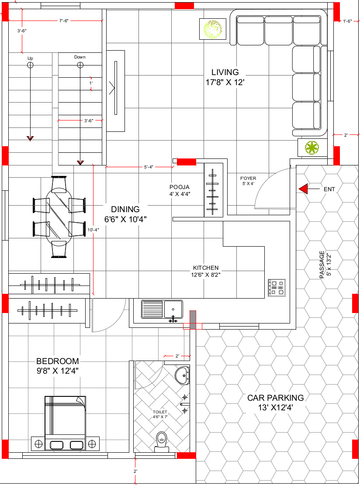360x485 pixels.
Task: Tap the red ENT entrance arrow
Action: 303,189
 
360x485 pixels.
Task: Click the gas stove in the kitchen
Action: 277,288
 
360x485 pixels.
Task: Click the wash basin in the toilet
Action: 182,375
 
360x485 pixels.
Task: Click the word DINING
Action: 125,210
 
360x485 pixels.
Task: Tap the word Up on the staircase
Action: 30,58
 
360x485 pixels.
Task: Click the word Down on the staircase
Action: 80,57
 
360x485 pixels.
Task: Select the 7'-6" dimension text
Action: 64,21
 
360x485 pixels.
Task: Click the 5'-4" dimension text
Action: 149,167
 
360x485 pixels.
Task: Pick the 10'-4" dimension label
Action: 93,230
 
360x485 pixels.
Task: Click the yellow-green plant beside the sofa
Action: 213,29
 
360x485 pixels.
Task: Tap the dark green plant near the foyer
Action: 312,148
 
